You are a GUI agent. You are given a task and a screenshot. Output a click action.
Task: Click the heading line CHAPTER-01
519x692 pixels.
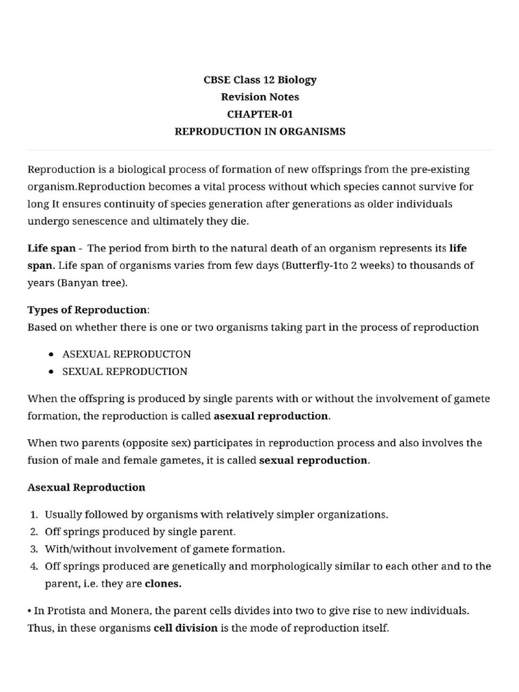point(259,114)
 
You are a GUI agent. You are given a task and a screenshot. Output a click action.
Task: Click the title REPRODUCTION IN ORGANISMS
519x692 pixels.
point(259,132)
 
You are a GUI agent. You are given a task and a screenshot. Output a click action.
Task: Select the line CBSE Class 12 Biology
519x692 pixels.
point(259,80)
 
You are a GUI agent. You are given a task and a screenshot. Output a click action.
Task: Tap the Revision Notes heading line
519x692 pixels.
point(259,97)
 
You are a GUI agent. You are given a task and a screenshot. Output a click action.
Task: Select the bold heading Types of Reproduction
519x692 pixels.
point(87,310)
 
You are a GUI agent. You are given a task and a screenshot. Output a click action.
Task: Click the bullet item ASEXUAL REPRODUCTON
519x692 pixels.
point(126,354)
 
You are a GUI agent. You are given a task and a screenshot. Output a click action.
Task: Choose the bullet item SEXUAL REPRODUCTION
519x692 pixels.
point(125,372)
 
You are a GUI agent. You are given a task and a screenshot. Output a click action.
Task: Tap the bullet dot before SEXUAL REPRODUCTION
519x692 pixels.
point(53,372)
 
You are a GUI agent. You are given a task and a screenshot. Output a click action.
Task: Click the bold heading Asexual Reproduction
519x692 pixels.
point(86,487)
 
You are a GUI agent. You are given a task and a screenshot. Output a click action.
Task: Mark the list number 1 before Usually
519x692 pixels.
point(32,514)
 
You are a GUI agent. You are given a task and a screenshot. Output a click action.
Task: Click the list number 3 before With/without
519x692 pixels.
point(32,549)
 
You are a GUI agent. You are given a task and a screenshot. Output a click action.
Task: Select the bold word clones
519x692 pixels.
point(163,583)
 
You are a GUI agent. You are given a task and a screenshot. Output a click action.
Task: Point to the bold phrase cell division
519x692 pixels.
point(185,628)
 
